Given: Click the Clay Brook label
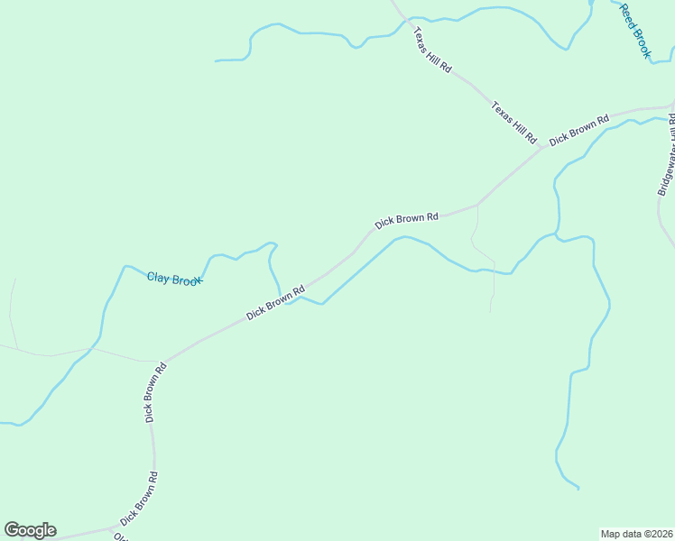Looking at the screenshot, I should coord(174,280).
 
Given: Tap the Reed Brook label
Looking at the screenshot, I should coord(634,31).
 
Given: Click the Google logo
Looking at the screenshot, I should coord(30,530).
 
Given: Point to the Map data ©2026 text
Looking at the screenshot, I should coord(637,534).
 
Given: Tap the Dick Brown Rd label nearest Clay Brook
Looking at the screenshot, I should coord(276,301).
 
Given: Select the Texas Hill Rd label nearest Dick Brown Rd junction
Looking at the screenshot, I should coord(513,123).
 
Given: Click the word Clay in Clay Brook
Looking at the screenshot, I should coord(159,277).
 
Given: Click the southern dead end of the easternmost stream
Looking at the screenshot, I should coord(578,489).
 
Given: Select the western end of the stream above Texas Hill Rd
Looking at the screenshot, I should coord(216,61).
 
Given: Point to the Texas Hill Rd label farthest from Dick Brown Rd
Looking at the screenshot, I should coord(432,50).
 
